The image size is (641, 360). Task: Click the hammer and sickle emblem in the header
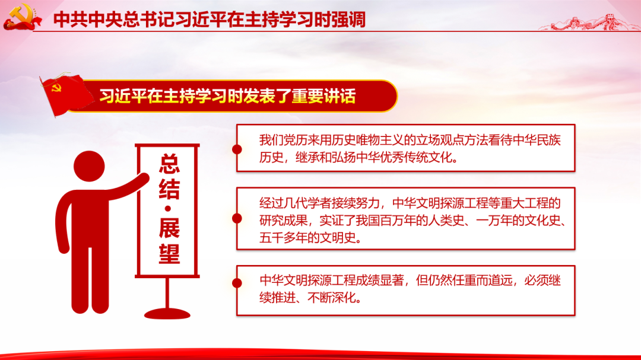point(22,17)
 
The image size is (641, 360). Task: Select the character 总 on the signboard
point(169,164)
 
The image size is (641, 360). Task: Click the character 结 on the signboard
point(169,189)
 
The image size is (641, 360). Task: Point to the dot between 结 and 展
point(168,209)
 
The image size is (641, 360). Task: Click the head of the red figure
point(89,166)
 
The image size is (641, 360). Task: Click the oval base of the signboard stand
point(167,314)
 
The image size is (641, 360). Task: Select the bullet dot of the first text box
point(237,149)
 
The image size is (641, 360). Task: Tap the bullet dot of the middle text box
point(237,219)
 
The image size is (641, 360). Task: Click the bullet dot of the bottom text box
point(237,283)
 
